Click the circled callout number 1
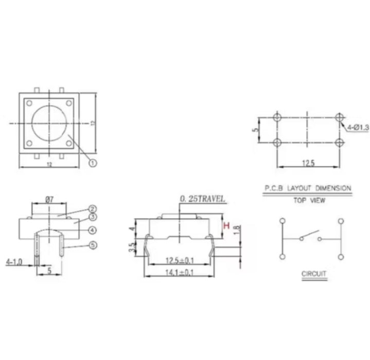pyautogui.click(x=93, y=163)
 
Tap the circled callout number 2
pyautogui.click(x=93, y=209)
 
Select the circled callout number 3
pyautogui.click(x=93, y=217)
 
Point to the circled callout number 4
pyautogui.click(x=93, y=230)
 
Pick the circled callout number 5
pyautogui.click(x=93, y=246)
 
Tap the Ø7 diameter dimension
pyautogui.click(x=50, y=199)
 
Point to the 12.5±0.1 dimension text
pyautogui.click(x=179, y=261)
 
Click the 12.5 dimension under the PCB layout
pyautogui.click(x=308, y=163)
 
